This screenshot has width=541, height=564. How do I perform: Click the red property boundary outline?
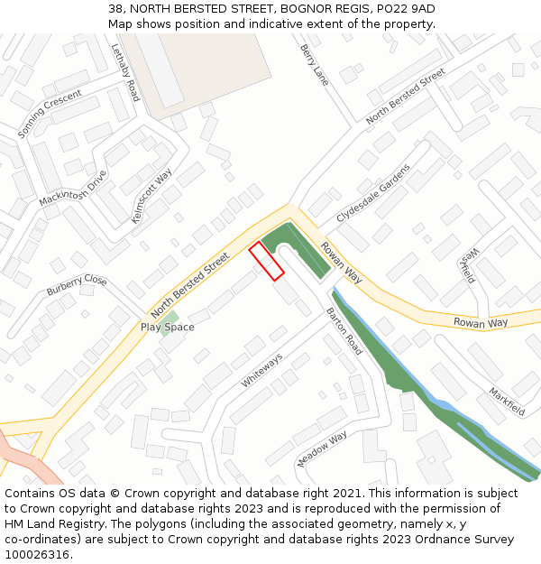point(266,261)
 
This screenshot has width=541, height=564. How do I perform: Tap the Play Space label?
point(167,327)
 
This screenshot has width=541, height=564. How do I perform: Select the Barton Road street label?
point(344,331)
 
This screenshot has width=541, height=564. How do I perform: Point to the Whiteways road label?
point(261,370)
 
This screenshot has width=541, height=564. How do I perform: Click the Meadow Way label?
point(322,449)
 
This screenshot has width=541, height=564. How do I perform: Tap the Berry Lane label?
point(315,65)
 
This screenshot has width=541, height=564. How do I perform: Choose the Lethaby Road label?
point(124,71)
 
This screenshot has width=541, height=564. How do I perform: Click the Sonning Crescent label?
point(50,114)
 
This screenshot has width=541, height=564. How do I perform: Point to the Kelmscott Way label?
point(151,195)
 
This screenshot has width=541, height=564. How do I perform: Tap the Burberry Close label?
point(77,286)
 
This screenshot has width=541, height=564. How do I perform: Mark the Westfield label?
point(468,264)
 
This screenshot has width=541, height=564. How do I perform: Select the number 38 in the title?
point(114,8)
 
